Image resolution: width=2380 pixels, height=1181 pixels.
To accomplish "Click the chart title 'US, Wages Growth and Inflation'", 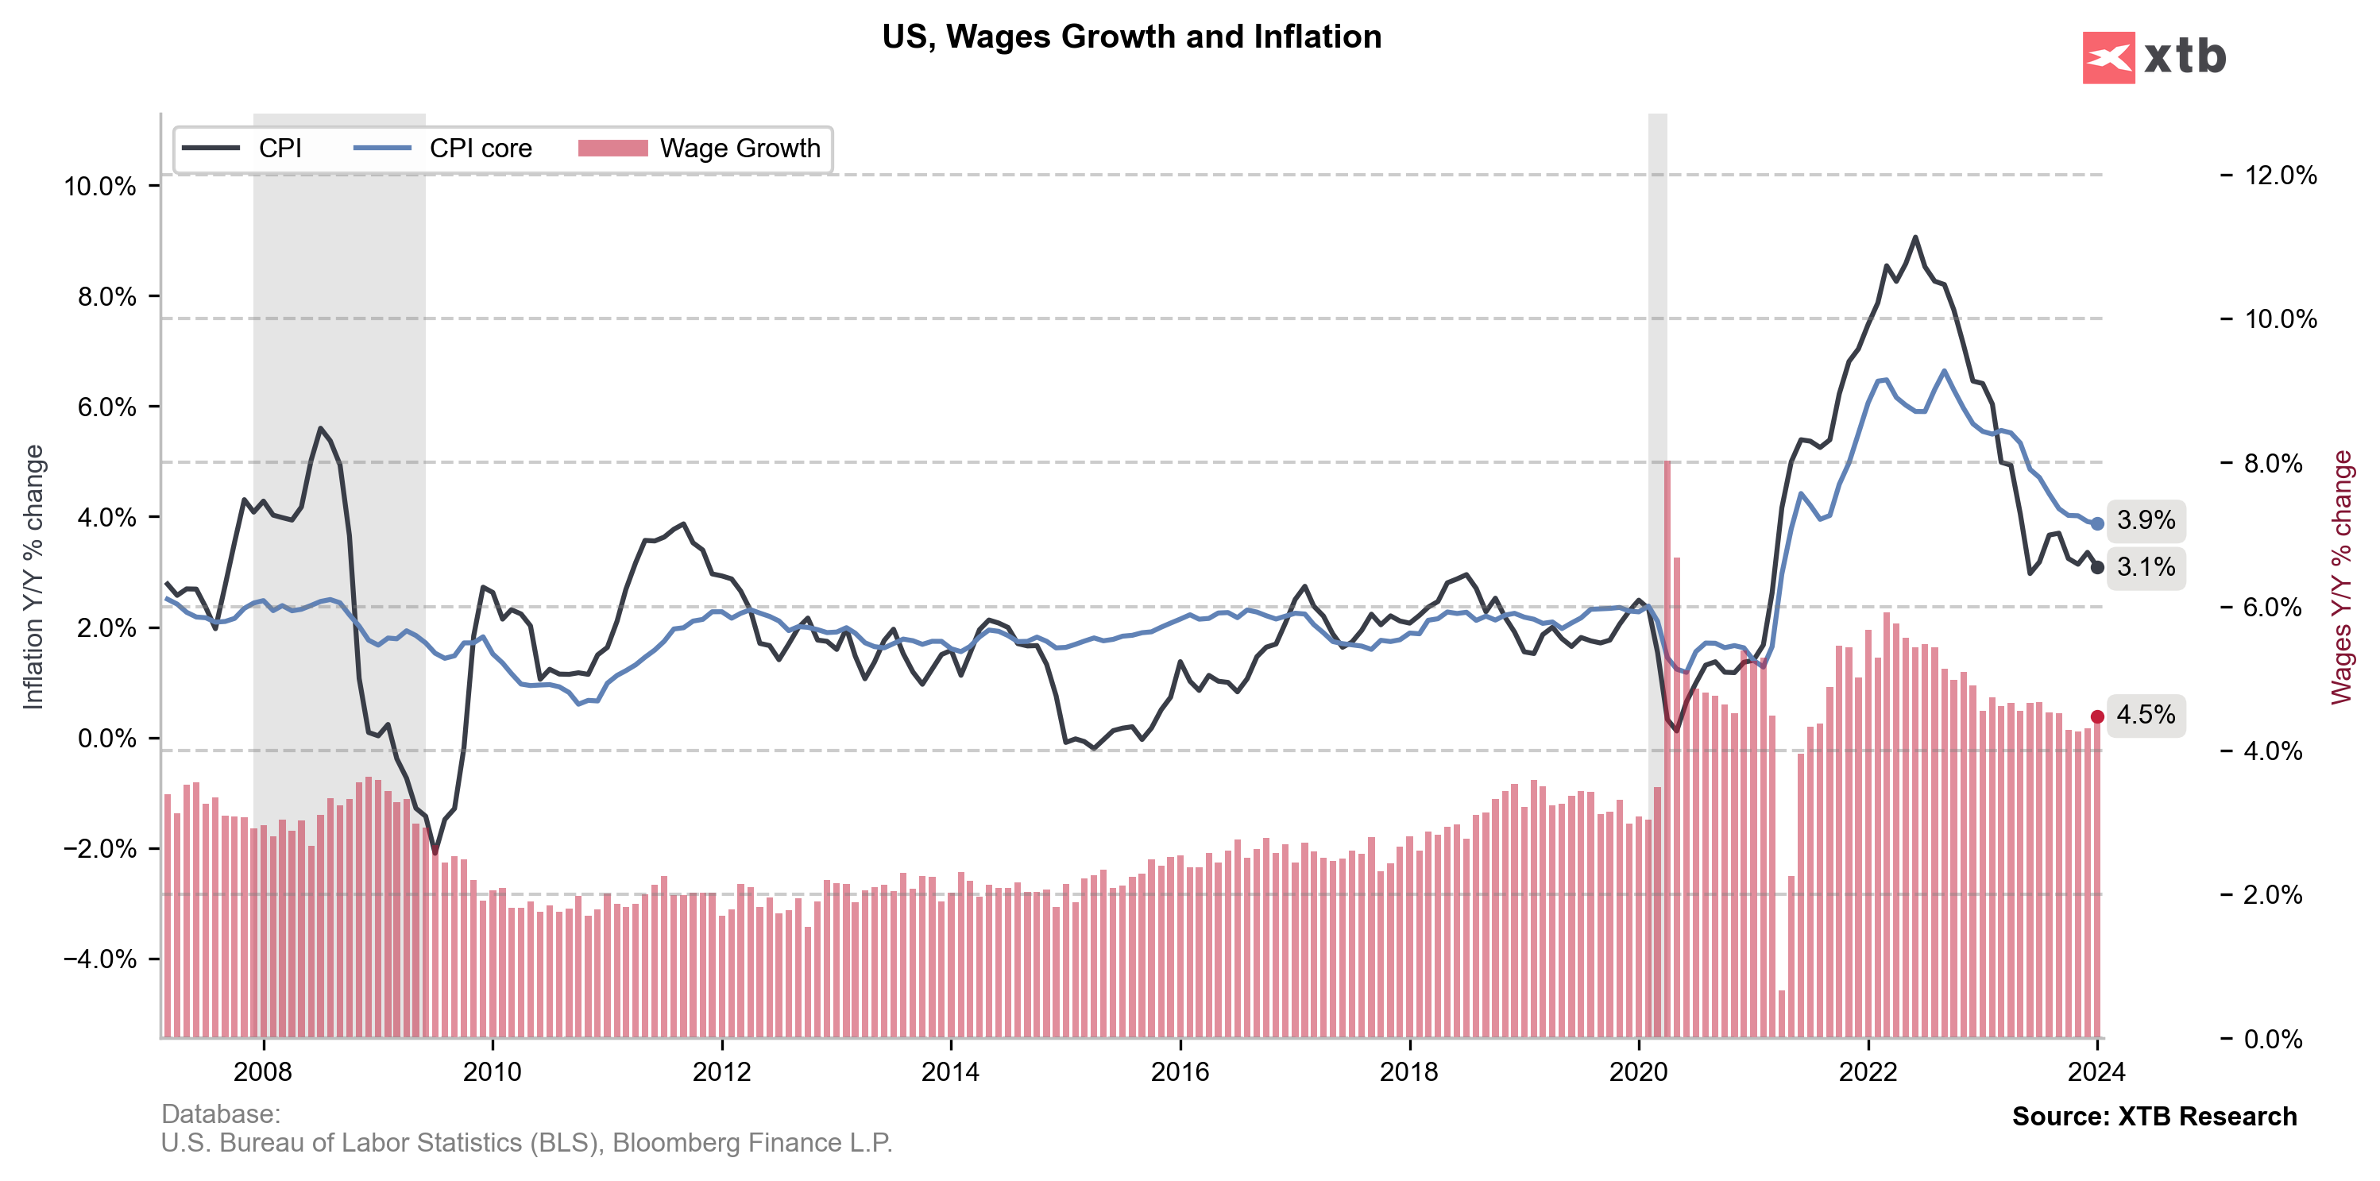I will coord(1131,37).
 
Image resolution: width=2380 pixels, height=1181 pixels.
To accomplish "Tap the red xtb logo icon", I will coord(2108,57).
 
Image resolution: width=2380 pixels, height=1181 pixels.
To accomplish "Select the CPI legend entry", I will coord(242,149).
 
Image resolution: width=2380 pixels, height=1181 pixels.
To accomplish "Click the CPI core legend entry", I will coord(443,149).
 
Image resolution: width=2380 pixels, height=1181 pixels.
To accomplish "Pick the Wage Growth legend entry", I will coord(699,149).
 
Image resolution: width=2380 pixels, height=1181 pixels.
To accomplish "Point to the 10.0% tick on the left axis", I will coord(100,187).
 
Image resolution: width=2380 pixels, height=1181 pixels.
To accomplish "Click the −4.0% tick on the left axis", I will coord(100,959).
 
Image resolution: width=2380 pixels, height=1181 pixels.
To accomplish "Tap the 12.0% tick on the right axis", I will coord(2280,176).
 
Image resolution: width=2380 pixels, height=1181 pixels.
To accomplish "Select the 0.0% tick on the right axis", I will coord(2273,1040).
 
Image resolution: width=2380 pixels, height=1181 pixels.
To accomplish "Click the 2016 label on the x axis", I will coord(1180,1072).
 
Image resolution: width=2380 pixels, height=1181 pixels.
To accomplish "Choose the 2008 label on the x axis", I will coord(263,1072).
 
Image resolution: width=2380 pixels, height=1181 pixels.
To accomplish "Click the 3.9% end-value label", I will coord(2146,521).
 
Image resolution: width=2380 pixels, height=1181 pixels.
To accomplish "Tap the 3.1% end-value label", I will coord(2146,567).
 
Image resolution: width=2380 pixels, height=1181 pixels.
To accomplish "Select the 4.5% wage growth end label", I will coord(2146,715).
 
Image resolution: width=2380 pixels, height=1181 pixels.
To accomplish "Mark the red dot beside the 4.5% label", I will coord(2097,716).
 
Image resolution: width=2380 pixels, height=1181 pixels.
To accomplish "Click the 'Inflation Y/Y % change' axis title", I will coord(34,577).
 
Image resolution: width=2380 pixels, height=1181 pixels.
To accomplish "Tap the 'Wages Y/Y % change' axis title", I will coord(2341,577).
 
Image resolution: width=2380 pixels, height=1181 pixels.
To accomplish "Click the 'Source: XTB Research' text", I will coord(2154,1117).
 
